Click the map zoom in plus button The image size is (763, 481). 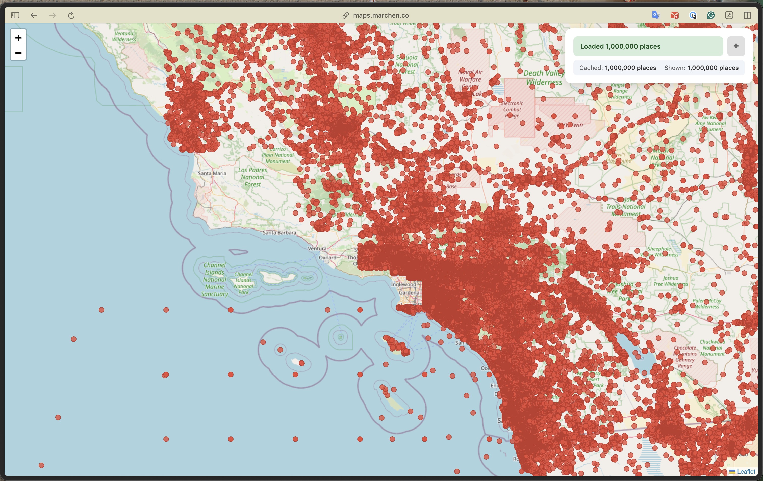coord(18,38)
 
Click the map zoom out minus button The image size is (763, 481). coord(18,53)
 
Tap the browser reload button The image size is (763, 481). coord(71,15)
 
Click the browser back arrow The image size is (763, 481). coord(34,15)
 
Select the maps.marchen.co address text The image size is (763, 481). coord(380,15)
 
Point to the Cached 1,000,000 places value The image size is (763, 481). coord(630,68)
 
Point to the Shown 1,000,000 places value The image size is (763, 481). coord(713,68)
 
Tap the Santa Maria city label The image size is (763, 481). coord(212,173)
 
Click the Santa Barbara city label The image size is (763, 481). coord(279,232)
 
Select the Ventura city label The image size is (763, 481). coord(317,249)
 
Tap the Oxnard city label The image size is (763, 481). coord(327,257)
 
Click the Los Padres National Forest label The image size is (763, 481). coord(252,177)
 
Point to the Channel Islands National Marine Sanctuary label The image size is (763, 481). coord(215,279)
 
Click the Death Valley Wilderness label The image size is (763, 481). coord(544,77)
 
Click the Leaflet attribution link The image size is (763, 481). coord(746,471)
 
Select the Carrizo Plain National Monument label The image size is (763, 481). coord(277,155)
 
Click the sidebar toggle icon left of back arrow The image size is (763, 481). coord(15,15)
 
